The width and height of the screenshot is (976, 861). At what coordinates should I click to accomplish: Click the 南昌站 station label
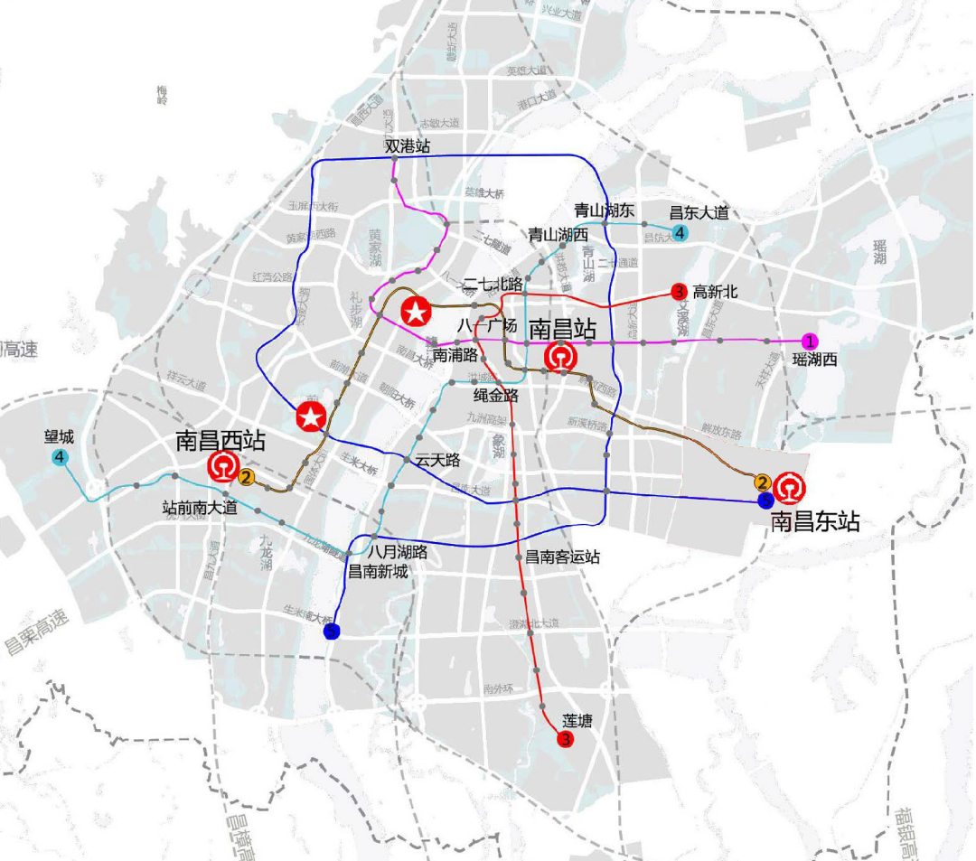(x=560, y=327)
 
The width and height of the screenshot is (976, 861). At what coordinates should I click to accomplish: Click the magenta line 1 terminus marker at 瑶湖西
(x=811, y=342)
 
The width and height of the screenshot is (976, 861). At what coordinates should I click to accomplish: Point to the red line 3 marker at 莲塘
(x=566, y=740)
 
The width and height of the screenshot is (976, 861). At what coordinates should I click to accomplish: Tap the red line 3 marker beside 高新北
(x=679, y=291)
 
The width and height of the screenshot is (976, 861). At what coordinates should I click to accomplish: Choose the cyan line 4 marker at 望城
(x=60, y=457)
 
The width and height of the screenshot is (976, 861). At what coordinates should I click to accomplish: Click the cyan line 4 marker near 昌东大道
(x=680, y=233)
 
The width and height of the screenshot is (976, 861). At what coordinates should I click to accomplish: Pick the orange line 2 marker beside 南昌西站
(x=247, y=476)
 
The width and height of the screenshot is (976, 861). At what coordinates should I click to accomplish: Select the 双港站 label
(x=408, y=145)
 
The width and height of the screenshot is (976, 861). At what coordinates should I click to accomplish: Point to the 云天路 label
(x=438, y=461)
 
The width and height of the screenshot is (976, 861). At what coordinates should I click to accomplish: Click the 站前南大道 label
(x=200, y=508)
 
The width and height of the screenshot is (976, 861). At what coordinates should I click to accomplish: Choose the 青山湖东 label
(x=605, y=211)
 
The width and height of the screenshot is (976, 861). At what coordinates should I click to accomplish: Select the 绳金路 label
(x=496, y=395)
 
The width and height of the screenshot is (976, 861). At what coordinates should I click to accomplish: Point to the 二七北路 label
(x=493, y=282)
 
